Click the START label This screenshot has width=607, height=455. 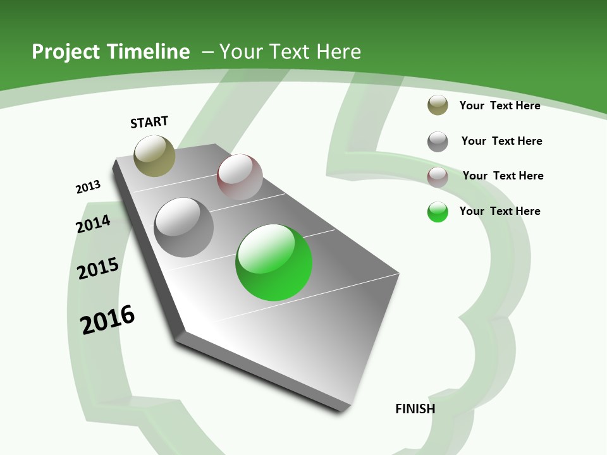point(149,122)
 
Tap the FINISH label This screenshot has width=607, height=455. point(415,409)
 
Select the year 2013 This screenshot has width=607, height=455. point(88,187)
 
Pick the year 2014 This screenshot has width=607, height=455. point(93,224)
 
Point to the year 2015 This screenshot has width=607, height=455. point(98,269)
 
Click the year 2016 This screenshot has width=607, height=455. point(107,320)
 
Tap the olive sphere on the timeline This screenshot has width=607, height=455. point(154,155)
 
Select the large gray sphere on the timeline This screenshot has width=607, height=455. point(184,227)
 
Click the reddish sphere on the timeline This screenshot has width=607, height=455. point(240,176)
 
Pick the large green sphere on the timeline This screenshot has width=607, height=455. point(274,262)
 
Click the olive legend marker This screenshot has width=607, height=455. point(438,105)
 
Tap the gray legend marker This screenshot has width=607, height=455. point(438,141)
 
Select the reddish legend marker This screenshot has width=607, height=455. point(438,176)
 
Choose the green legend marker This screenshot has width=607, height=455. point(438,212)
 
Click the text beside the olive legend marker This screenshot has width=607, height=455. point(500,106)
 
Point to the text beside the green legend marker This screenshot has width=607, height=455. point(500,211)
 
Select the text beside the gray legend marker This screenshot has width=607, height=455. point(501,141)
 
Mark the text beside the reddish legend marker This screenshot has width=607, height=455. point(503,176)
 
